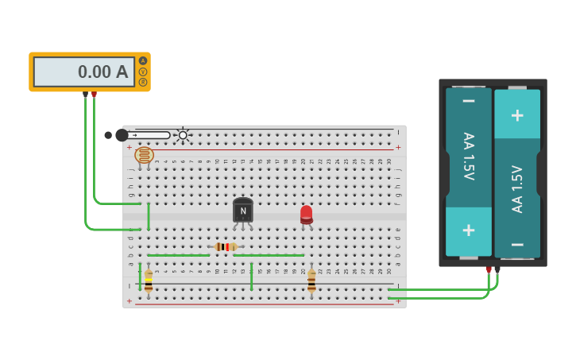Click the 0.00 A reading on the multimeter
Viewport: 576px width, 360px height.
102,72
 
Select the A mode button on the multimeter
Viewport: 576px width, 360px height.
143,61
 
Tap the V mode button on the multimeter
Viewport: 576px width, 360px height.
143,72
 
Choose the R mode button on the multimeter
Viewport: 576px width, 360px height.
143,82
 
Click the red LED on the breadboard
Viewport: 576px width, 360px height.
307,215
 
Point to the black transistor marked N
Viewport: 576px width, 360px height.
243,211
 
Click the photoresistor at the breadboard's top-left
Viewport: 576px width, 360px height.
144,155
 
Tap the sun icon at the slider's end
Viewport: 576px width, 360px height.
183,135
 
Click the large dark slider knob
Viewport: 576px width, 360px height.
122,135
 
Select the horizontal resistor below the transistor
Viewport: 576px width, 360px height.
226,247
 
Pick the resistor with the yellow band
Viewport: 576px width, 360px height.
149,281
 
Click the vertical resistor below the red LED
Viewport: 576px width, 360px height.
311,281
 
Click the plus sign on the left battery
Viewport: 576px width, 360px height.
469,230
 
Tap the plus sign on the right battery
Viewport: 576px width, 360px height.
517,115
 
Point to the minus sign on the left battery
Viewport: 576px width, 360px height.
469,101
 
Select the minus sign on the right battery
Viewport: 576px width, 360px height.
517,244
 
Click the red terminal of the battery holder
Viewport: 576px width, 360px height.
489,269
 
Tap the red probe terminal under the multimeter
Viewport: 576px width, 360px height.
94,95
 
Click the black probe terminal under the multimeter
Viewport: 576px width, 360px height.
85,95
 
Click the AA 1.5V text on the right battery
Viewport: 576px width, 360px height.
517,188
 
